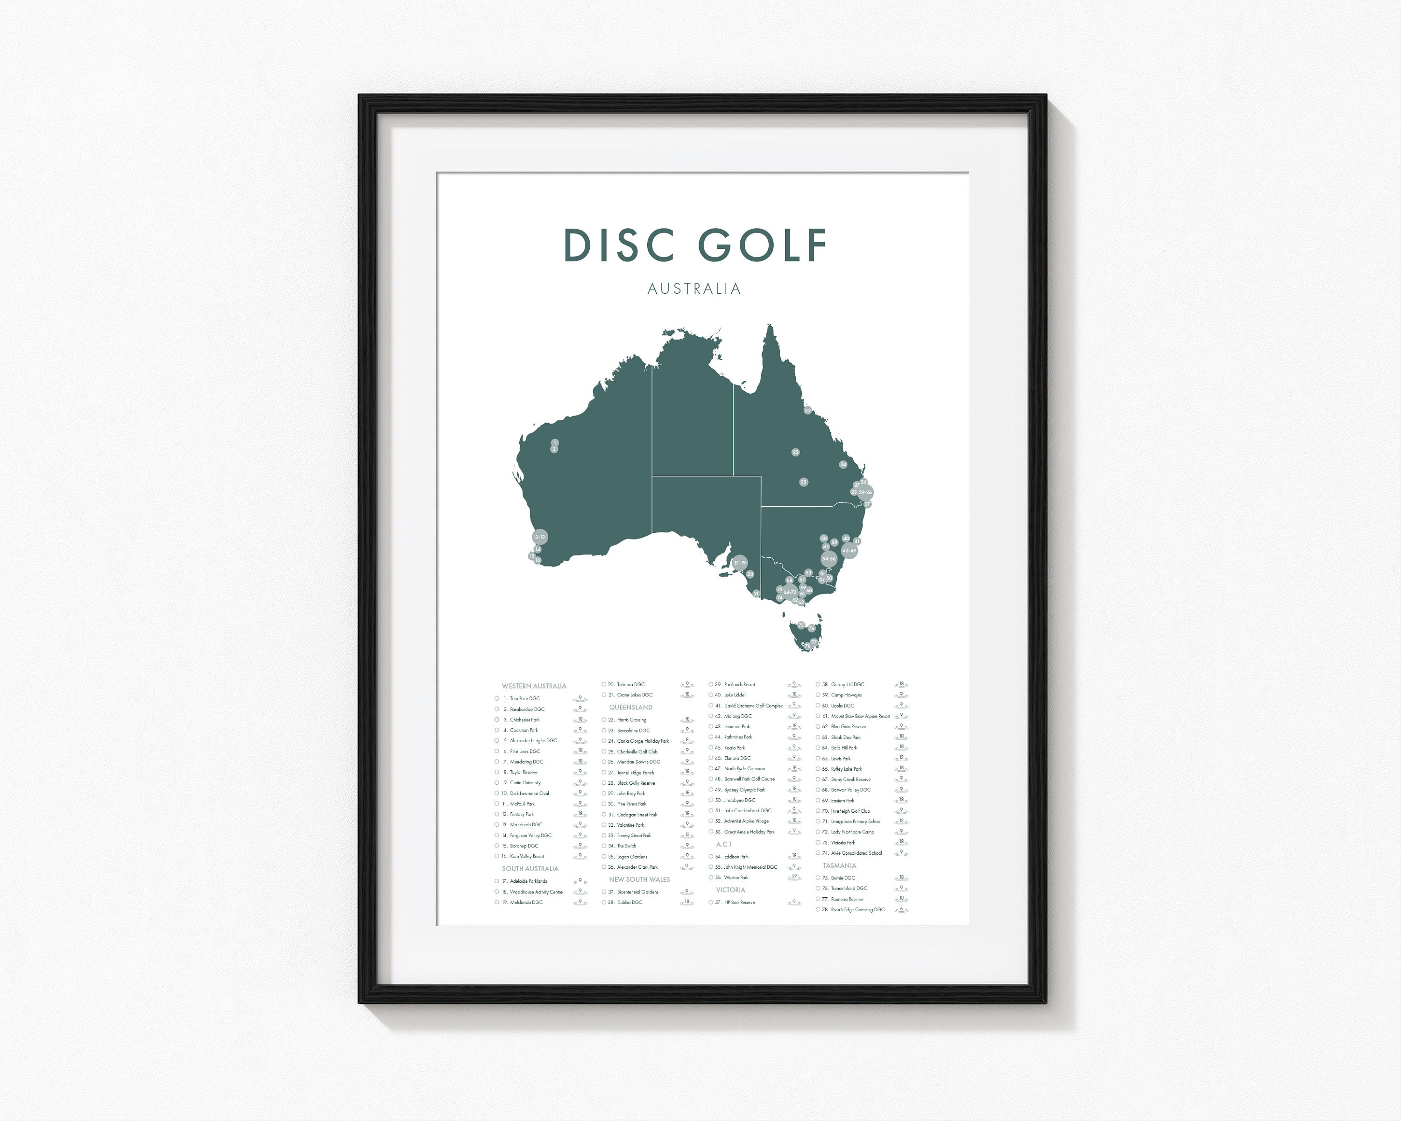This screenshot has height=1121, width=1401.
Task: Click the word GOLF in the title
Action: (762, 245)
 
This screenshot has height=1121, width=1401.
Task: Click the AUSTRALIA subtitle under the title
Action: (694, 289)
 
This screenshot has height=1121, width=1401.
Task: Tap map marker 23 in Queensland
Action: (795, 452)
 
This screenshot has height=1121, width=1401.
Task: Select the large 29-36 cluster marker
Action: (865, 493)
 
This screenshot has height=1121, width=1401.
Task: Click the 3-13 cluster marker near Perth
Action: (540, 538)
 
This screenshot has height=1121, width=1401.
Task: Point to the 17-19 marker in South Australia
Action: (740, 563)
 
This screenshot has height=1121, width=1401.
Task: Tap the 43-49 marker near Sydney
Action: (849, 550)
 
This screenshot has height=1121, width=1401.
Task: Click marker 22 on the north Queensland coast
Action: (808, 411)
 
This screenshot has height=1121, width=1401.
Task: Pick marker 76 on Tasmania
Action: (811, 628)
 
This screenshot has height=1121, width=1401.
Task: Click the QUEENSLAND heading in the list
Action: (630, 707)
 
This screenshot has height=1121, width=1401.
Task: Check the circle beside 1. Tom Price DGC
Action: (497, 699)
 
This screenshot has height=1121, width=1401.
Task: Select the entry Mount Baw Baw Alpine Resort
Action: (860, 716)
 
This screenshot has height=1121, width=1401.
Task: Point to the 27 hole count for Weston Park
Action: (794, 877)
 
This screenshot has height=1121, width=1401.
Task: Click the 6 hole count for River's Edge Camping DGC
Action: (901, 909)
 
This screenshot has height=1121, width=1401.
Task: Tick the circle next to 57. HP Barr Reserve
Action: (711, 903)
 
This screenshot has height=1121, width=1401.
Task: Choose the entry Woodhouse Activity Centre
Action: (536, 892)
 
